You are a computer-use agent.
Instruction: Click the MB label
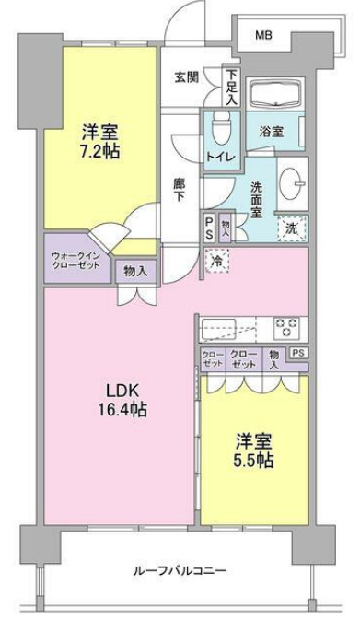264,36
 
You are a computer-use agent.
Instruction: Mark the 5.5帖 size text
251,461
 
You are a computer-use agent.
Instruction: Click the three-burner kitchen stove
286,326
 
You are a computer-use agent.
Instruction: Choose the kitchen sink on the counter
222,327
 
